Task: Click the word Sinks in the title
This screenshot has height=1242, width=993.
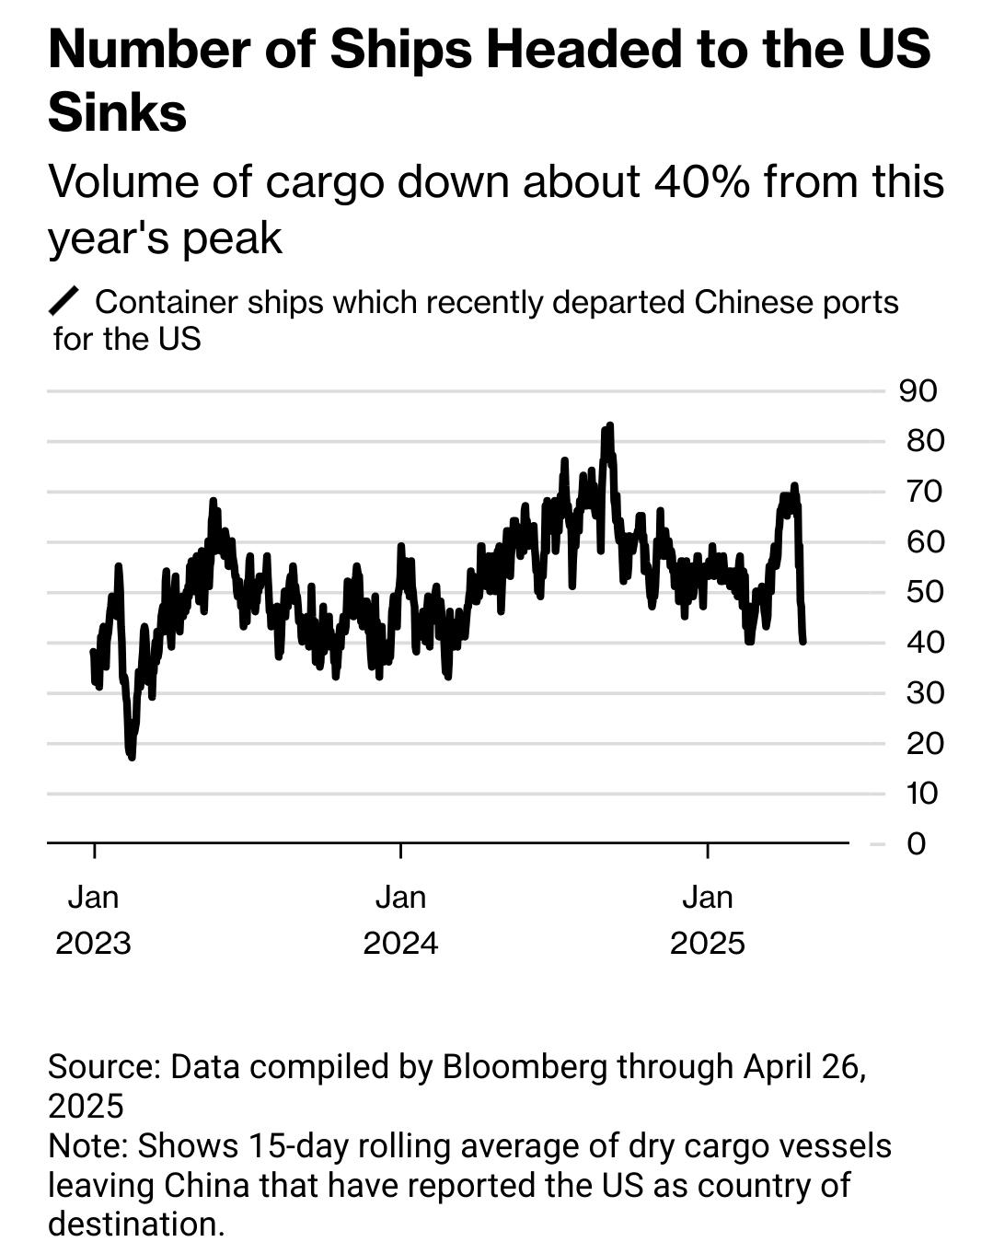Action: [117, 112]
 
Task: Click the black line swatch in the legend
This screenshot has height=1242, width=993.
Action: [64, 301]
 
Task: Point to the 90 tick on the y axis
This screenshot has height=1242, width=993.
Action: [918, 390]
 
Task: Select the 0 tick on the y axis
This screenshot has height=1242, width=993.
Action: [916, 843]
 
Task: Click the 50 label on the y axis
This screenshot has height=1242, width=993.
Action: [924, 592]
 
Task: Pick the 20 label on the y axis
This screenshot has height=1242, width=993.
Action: [924, 743]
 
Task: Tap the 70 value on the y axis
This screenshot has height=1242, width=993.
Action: [924, 492]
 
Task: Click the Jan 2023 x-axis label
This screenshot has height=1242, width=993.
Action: [93, 920]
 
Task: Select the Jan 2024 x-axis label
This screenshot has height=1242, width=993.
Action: [400, 920]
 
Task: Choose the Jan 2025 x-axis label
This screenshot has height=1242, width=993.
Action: [707, 920]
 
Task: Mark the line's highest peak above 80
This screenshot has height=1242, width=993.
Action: [608, 427]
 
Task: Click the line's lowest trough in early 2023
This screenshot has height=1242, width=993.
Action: [132, 756]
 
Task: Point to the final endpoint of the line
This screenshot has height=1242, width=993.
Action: [803, 641]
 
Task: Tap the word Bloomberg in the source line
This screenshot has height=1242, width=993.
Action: [525, 1066]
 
